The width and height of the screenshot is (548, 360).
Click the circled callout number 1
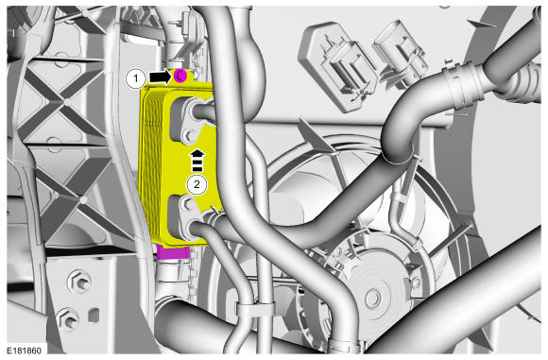(x=136, y=79)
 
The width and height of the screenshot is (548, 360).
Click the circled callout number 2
(x=197, y=184)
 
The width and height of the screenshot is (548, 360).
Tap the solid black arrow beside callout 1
(x=160, y=77)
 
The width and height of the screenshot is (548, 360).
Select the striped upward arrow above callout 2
(x=197, y=161)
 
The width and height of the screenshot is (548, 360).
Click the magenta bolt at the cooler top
(x=180, y=76)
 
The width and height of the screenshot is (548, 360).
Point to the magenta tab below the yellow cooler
(x=173, y=252)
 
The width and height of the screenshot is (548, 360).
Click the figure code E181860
(x=25, y=351)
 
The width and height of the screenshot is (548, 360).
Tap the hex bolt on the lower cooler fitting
(x=186, y=203)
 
